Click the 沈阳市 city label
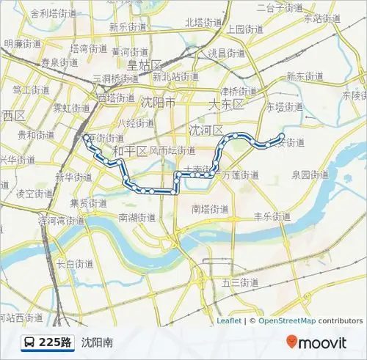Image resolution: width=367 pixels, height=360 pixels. (x=159, y=102)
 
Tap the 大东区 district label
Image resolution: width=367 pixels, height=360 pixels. (x=225, y=104)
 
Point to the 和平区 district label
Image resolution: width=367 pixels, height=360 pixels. (x=130, y=151)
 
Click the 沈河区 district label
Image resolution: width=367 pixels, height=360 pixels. (x=206, y=130)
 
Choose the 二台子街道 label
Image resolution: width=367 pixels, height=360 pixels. (x=280, y=8)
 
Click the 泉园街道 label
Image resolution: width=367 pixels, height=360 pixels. (x=310, y=175)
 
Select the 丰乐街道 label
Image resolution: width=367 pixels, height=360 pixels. (x=272, y=216)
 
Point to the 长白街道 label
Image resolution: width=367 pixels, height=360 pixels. (x=75, y=263)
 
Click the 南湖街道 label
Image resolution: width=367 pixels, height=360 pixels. (x=137, y=217)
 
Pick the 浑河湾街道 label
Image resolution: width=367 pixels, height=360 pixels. (x=63, y=220)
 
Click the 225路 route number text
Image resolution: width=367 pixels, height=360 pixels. (x=56, y=342)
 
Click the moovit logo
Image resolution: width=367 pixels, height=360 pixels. (x=316, y=342)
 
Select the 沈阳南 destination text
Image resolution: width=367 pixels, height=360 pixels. (x=97, y=342)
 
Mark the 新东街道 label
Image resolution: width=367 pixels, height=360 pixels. (x=305, y=76)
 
